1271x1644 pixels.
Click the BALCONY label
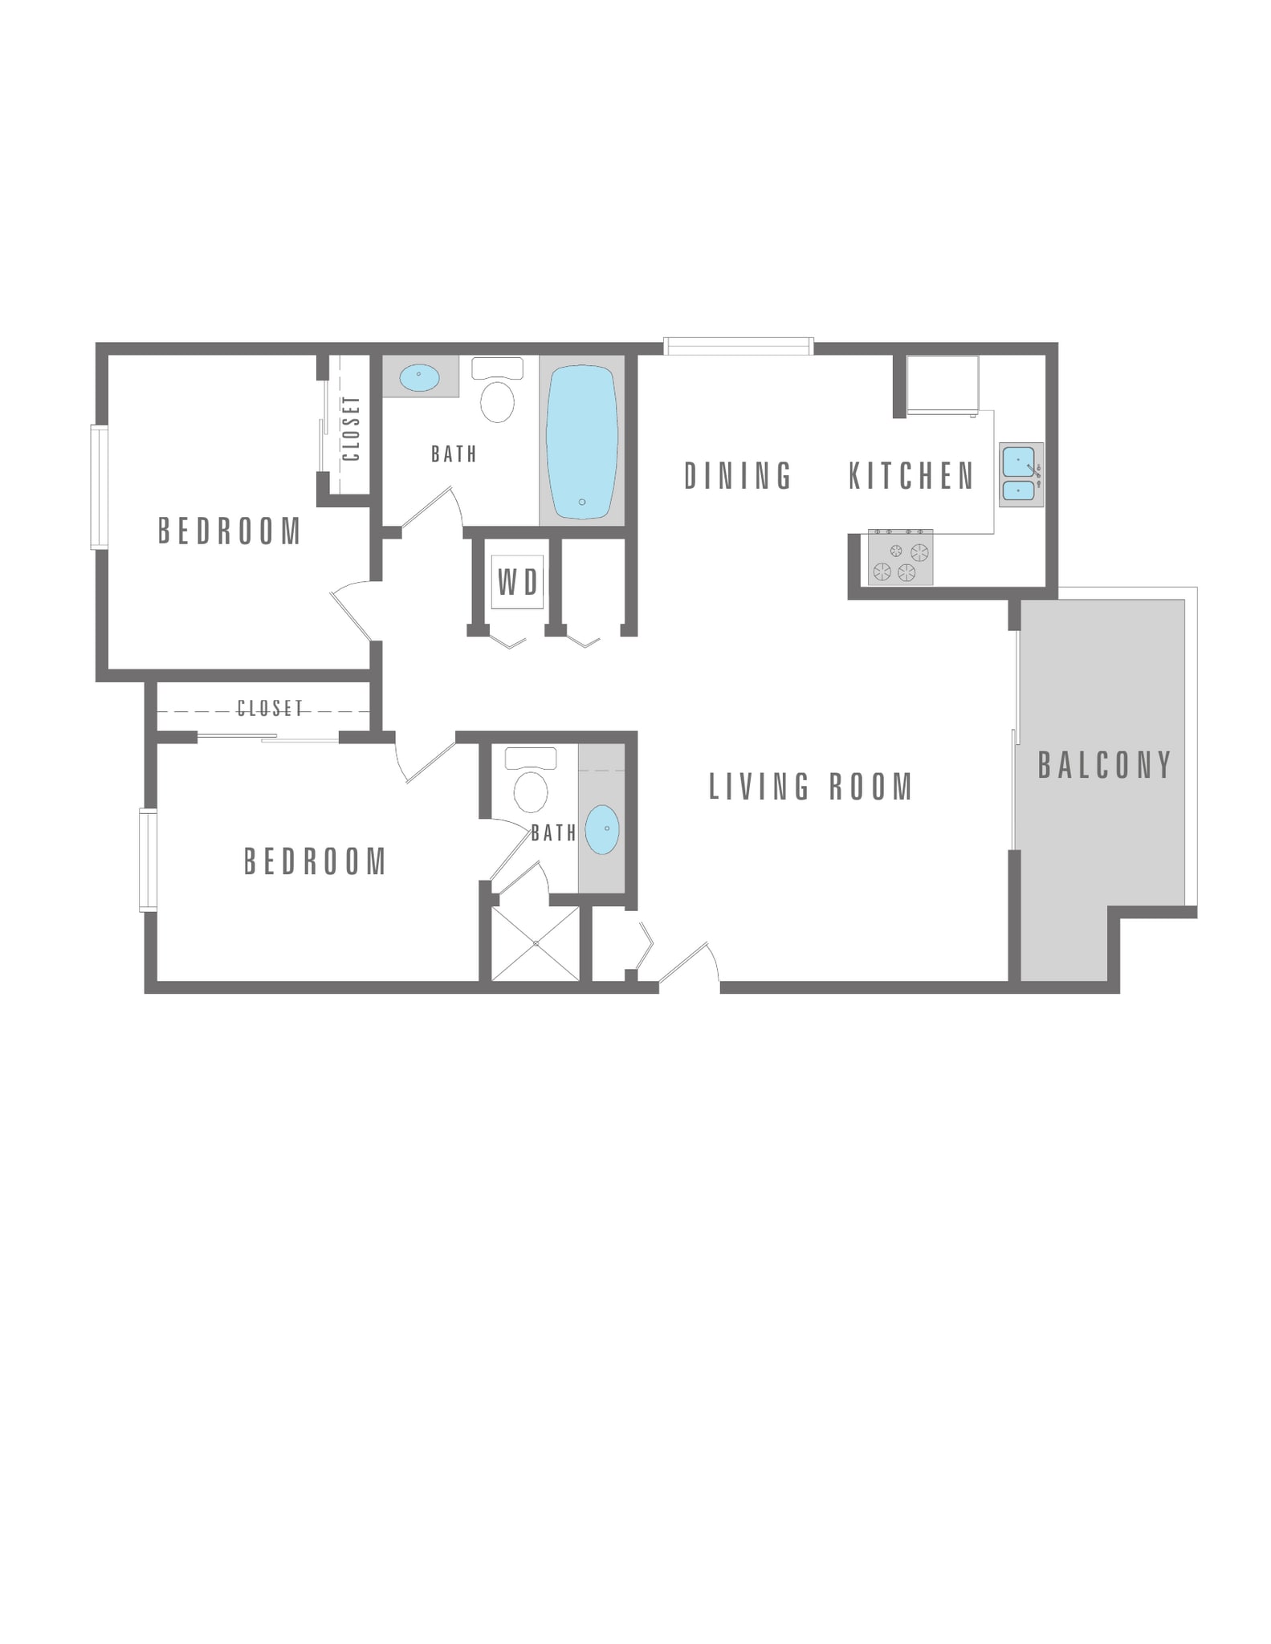(x=1105, y=764)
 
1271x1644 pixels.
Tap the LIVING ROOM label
(x=811, y=787)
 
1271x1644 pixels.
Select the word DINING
(x=738, y=475)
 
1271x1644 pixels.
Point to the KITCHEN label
(x=911, y=476)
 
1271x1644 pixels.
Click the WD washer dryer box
(x=517, y=582)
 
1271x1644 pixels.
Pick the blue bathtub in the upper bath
(x=581, y=442)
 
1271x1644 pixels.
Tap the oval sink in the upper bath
(x=420, y=376)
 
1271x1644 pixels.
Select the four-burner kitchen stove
(x=900, y=558)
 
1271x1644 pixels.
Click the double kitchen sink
(x=1020, y=474)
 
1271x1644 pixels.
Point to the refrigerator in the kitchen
(x=943, y=385)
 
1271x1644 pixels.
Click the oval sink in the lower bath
(x=602, y=829)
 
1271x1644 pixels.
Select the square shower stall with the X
(x=535, y=943)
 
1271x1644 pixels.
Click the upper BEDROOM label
(x=230, y=531)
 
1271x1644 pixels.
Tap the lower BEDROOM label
(x=316, y=861)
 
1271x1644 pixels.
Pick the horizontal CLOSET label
(x=271, y=708)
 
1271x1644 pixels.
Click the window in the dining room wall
(x=739, y=347)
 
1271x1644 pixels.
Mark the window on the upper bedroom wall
(x=99, y=487)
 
